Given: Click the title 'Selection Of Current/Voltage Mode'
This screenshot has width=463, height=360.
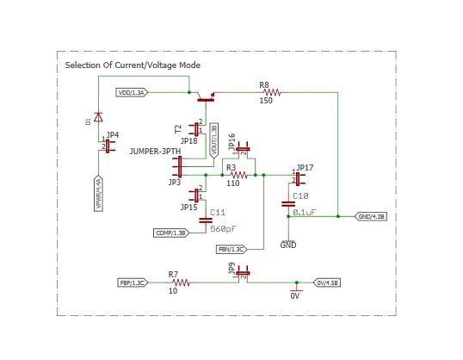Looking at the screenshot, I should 133,65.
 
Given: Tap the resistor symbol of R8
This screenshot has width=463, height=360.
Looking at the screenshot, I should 272,92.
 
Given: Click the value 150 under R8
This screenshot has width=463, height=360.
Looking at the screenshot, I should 266,101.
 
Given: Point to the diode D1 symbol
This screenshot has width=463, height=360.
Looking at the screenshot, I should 98,116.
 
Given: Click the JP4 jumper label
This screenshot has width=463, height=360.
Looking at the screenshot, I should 113,135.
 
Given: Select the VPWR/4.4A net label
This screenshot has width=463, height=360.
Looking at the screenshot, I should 98,194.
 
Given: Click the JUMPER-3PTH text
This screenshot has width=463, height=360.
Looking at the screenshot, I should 155,152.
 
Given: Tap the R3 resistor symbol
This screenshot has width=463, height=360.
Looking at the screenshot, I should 238,175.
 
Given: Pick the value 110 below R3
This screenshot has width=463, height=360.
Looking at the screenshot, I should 232,183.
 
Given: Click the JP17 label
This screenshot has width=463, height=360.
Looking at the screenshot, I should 305,168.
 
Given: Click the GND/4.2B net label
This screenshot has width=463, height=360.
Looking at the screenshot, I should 370,216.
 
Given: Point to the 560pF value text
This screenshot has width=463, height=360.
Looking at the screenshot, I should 223,229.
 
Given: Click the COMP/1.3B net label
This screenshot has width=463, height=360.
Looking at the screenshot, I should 171,233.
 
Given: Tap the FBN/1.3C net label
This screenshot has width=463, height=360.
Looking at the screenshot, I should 231,249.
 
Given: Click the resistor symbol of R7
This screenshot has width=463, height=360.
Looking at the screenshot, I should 180,282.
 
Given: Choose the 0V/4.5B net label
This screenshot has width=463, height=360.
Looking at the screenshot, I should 327,282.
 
